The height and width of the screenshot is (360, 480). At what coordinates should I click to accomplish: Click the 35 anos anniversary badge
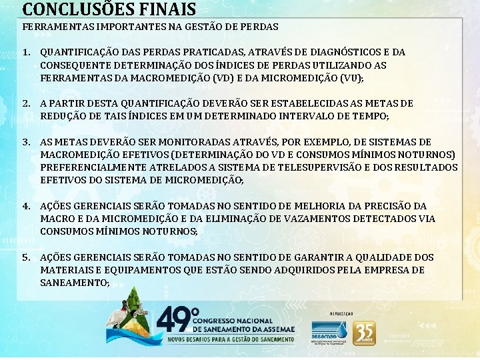coord(364,333)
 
